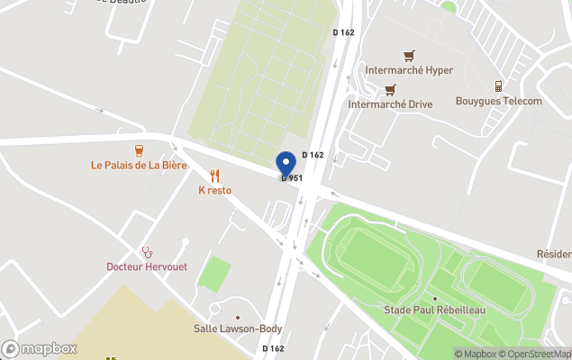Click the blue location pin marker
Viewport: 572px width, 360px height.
tap(286, 163)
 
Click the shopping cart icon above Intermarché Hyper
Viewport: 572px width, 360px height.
tap(409, 55)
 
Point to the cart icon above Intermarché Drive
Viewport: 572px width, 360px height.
tap(390, 89)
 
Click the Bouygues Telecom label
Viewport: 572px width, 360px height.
tap(498, 101)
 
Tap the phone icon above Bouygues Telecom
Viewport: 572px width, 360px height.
tap(498, 85)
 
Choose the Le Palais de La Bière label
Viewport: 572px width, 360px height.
tap(139, 166)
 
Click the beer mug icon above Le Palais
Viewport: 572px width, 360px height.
tap(140, 149)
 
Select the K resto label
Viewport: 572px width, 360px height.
tap(215, 191)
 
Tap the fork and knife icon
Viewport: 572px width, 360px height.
tap(214, 175)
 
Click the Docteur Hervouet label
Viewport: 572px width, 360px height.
tap(148, 266)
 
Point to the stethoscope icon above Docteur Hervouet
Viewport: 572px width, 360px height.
tap(147, 251)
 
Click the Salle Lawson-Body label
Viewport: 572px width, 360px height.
tap(239, 328)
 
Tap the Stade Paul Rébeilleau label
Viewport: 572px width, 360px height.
tap(434, 310)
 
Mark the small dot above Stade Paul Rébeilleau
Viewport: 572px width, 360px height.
tap(434, 298)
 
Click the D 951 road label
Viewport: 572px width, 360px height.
tap(292, 178)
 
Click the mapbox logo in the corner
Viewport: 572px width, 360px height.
tap(40, 348)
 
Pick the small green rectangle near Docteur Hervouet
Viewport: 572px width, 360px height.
tap(213, 274)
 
